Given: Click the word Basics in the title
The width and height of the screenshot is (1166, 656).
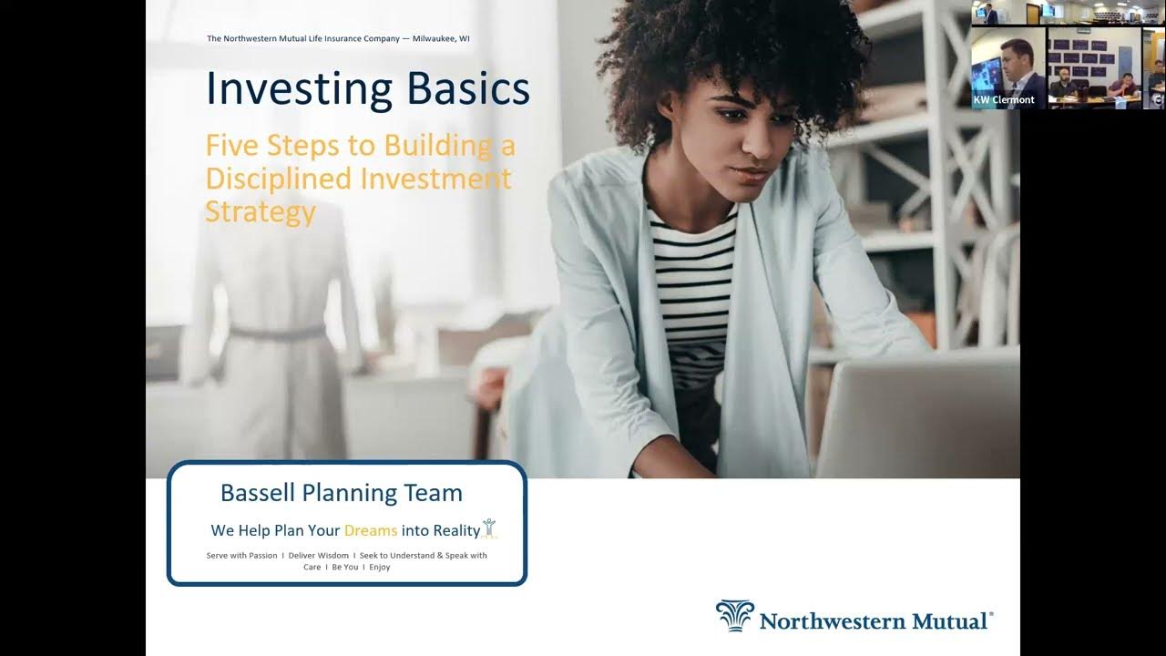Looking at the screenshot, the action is click(468, 88).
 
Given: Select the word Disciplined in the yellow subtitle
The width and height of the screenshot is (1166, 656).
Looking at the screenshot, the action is click(279, 179).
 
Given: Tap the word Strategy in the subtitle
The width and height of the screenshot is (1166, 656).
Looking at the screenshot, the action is click(261, 212).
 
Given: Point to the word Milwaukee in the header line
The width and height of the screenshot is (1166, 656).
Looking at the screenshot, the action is click(433, 38).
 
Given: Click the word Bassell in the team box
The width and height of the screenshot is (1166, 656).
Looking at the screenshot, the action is click(258, 493).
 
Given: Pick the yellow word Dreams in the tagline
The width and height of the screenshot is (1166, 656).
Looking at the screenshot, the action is click(371, 530).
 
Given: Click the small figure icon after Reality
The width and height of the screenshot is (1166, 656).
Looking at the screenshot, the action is click(489, 528).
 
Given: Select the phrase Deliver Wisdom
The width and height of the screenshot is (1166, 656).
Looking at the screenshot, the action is click(319, 556).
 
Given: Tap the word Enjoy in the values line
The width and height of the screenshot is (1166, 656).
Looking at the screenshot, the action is click(380, 568).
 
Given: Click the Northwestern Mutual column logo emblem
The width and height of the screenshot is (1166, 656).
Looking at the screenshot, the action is click(734, 615).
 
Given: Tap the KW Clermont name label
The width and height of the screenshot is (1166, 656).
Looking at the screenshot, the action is click(1004, 99).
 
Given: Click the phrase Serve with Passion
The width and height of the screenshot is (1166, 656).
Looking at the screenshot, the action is click(241, 556).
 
